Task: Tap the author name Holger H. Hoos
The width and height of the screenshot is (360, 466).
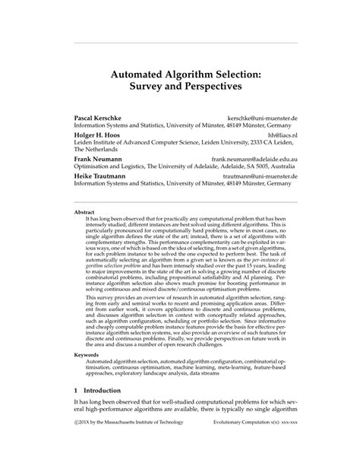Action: coord(96,135)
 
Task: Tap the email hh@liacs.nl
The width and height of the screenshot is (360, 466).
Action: coord(285,135)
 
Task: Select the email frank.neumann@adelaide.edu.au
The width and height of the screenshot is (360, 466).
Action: coord(254,159)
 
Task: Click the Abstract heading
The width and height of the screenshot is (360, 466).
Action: coord(85,212)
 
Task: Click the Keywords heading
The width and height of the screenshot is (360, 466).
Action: coord(87,355)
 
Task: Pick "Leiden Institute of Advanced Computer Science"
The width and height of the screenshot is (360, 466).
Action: coord(134,142)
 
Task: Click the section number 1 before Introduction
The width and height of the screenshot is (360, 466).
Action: coord(75,410)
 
